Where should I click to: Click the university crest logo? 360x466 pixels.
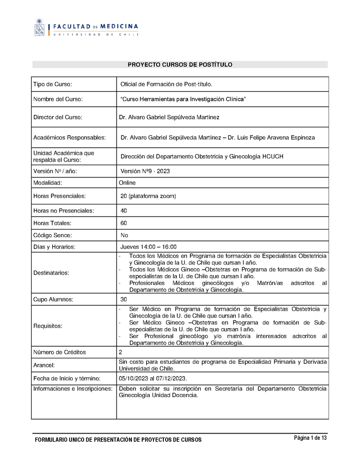pos(40,27)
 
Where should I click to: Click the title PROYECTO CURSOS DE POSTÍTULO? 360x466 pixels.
pos(180,65)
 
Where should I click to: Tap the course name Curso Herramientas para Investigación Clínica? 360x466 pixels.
pos(183,99)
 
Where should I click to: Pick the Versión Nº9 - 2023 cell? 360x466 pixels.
pos(145,171)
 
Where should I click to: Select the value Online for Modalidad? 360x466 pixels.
pos(127,183)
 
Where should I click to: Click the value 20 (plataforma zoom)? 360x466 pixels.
pos(148,196)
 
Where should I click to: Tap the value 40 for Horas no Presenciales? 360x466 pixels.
pos(124,211)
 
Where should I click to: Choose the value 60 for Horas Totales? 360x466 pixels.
pos(124,223)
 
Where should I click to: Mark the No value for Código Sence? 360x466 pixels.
pos(124,235)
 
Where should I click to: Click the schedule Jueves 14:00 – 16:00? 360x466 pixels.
pos(148,247)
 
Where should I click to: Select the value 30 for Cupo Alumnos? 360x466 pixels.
pos(124,299)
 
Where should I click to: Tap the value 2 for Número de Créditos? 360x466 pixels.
pos(121,352)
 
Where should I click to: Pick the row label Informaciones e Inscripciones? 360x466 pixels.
pos(72,389)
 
